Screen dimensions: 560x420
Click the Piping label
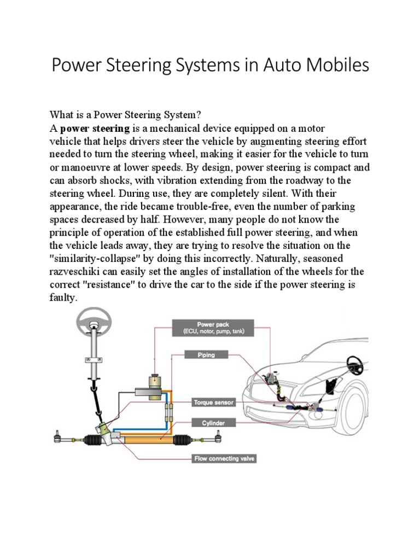[x=206, y=355]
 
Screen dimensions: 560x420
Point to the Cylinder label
[x=206, y=423]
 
